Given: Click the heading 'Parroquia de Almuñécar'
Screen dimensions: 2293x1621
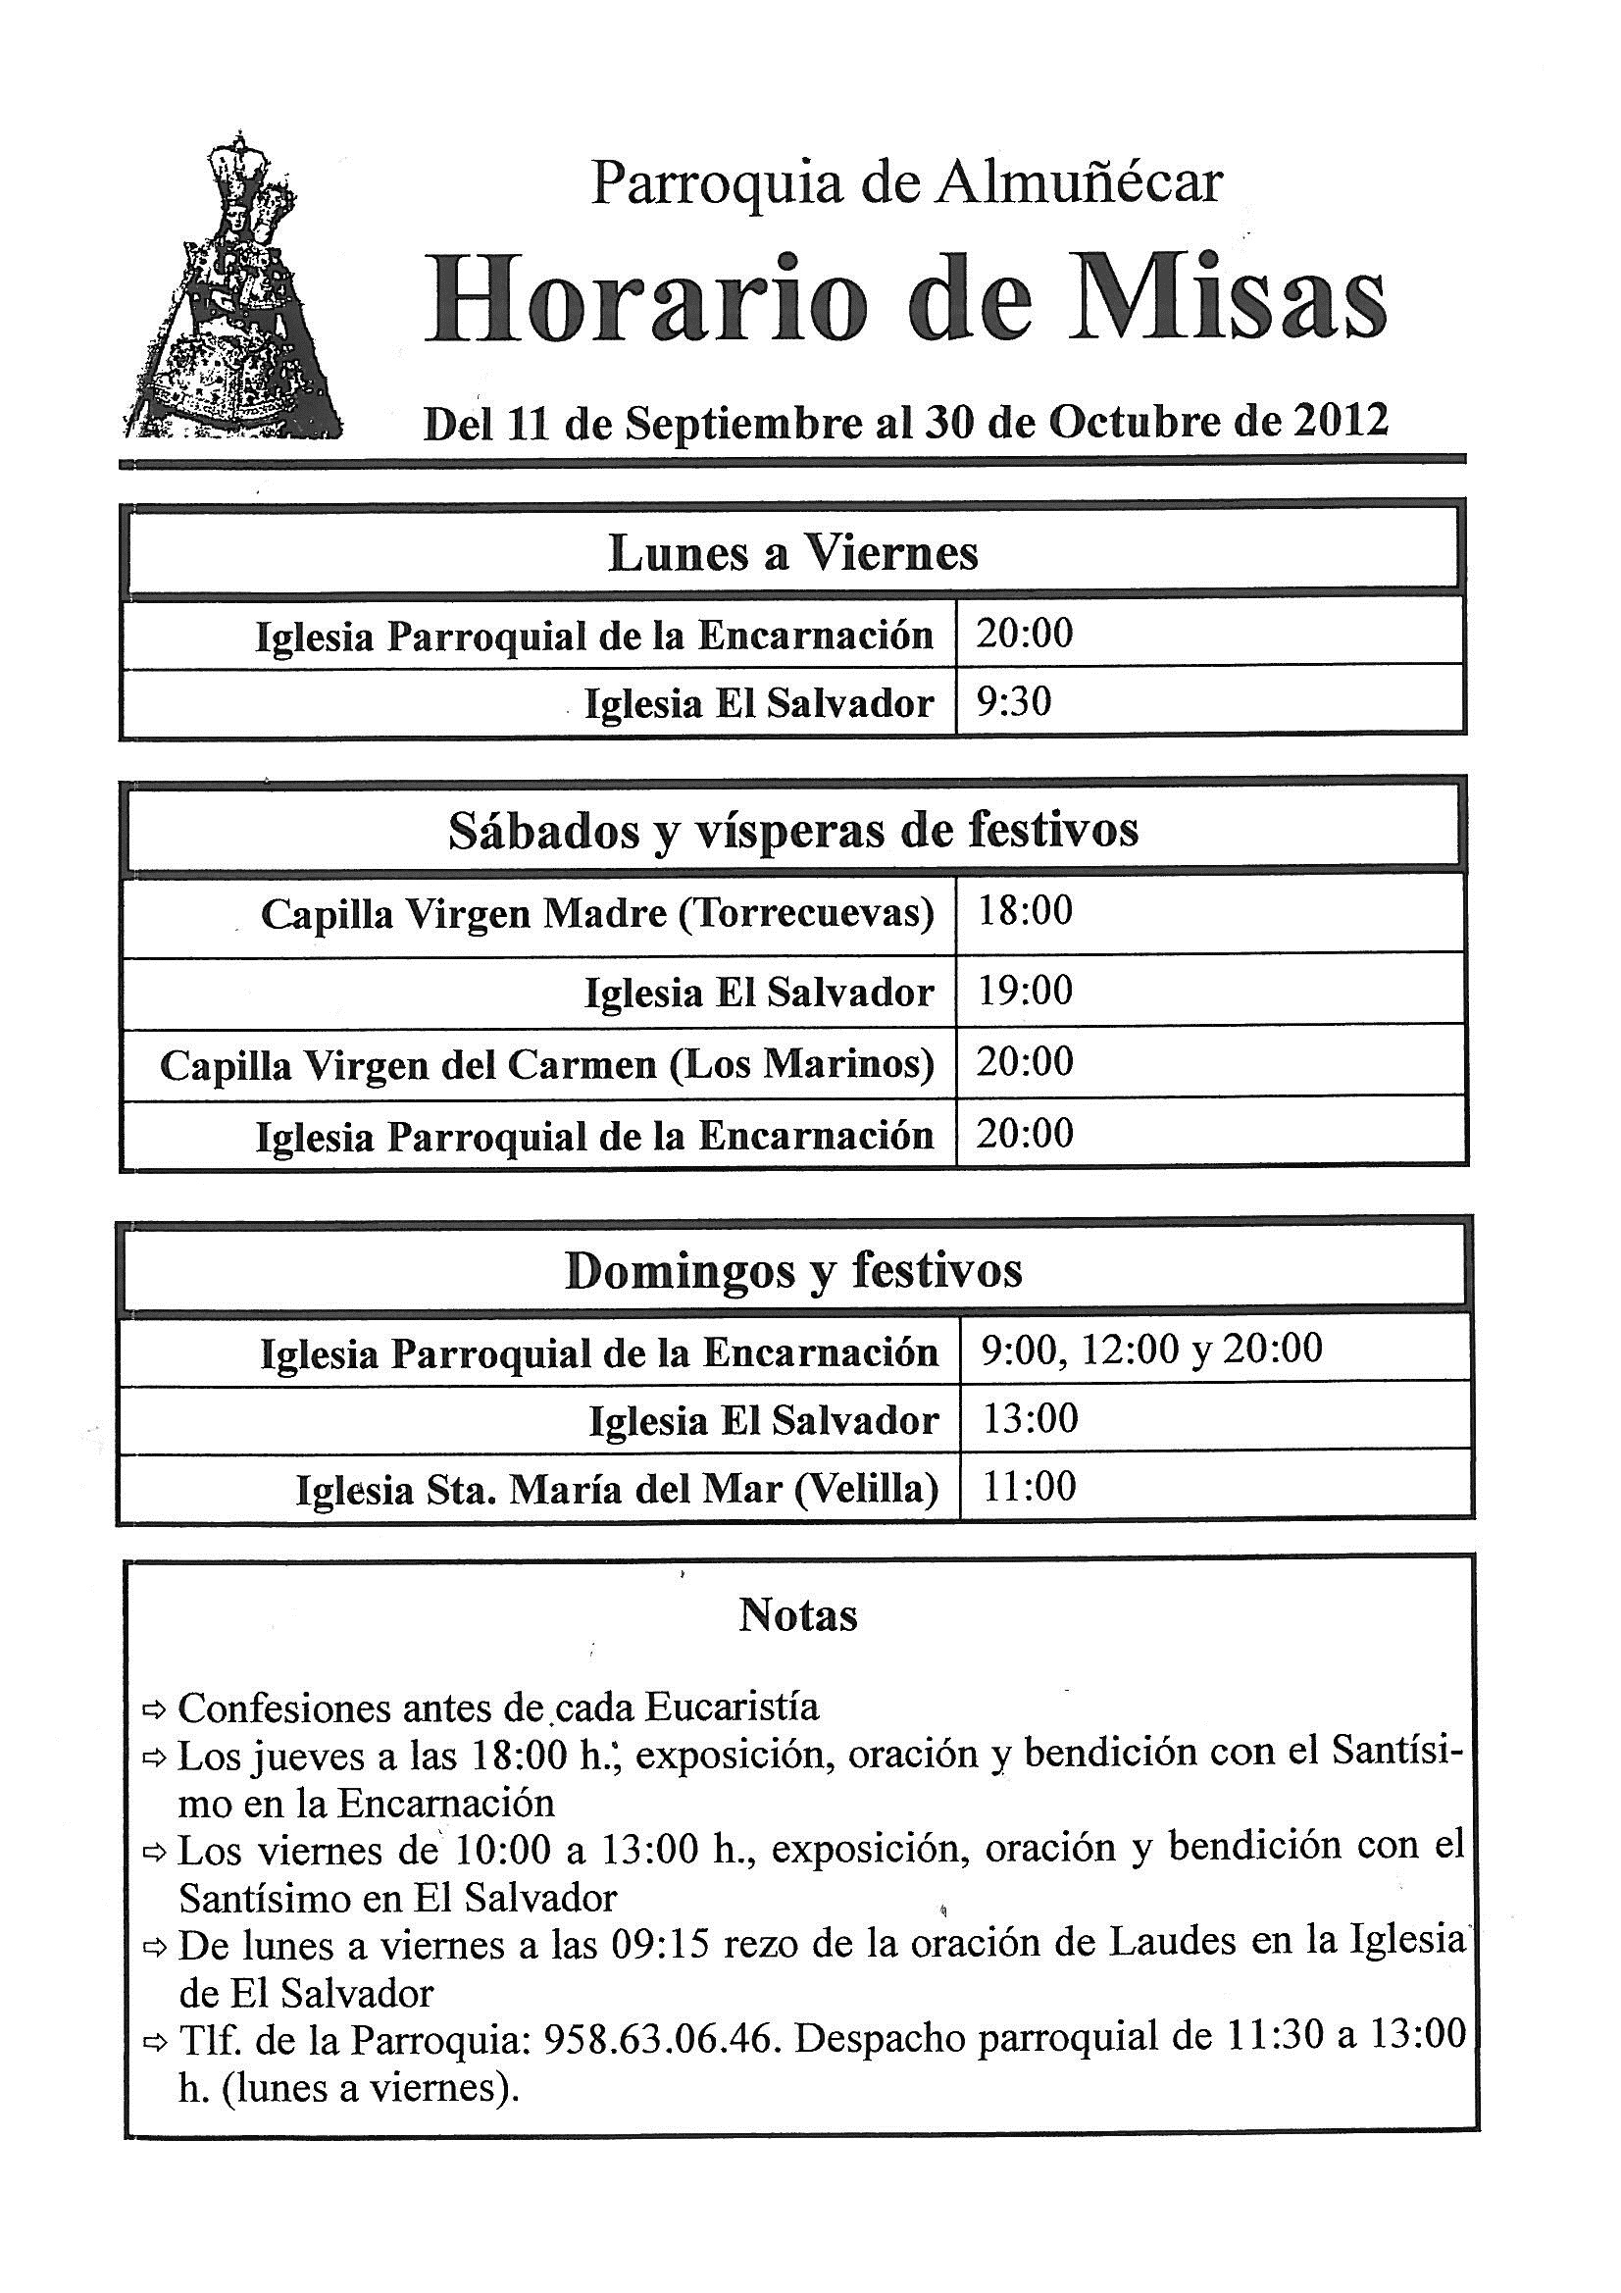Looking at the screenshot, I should coord(906,182).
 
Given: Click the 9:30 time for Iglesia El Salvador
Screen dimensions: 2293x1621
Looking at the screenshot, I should coord(1015,703).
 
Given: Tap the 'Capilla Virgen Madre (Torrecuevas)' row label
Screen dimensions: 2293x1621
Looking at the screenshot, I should coord(597,914).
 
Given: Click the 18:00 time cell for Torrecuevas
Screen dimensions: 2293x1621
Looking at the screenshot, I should coord(1025,911).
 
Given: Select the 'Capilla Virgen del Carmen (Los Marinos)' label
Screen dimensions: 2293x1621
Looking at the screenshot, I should coord(546,1066).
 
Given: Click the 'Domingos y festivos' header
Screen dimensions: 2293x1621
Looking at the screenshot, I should coord(793,1271).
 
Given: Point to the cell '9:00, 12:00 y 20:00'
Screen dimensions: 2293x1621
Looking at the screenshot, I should coord(1151,1350).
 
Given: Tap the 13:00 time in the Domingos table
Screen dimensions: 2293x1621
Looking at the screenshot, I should coord(1030,1419).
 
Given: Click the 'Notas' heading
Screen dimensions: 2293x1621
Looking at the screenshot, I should coord(797,1616).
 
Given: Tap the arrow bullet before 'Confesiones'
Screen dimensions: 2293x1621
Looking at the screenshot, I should coord(156,1710).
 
